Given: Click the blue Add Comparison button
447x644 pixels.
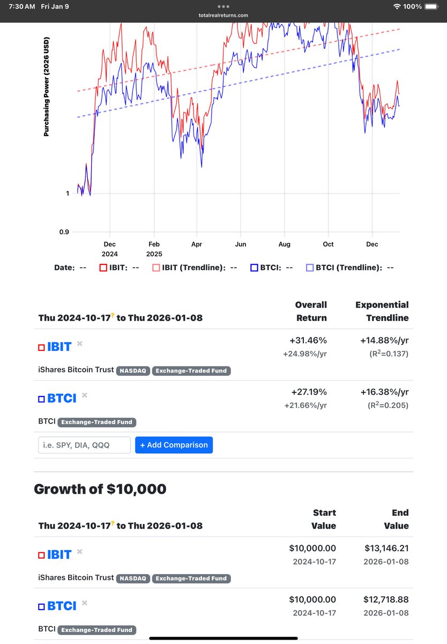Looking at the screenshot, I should [174, 445].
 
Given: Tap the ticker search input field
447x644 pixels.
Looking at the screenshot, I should [84, 445].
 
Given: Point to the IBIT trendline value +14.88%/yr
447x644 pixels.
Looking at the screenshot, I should [382, 340].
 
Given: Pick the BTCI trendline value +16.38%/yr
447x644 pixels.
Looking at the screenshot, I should [382, 392].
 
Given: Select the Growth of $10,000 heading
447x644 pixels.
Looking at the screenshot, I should [100, 489].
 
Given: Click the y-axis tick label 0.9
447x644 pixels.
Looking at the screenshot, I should [63, 232].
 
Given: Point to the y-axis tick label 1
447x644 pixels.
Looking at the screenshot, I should [68, 193].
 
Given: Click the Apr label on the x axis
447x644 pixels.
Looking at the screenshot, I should [197, 244].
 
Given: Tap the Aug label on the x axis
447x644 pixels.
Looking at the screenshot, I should [284, 244].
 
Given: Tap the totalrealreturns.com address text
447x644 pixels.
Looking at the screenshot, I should [223, 16].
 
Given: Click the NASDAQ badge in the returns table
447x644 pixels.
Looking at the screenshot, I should [133, 370].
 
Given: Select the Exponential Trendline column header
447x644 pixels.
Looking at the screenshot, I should [382, 311].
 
